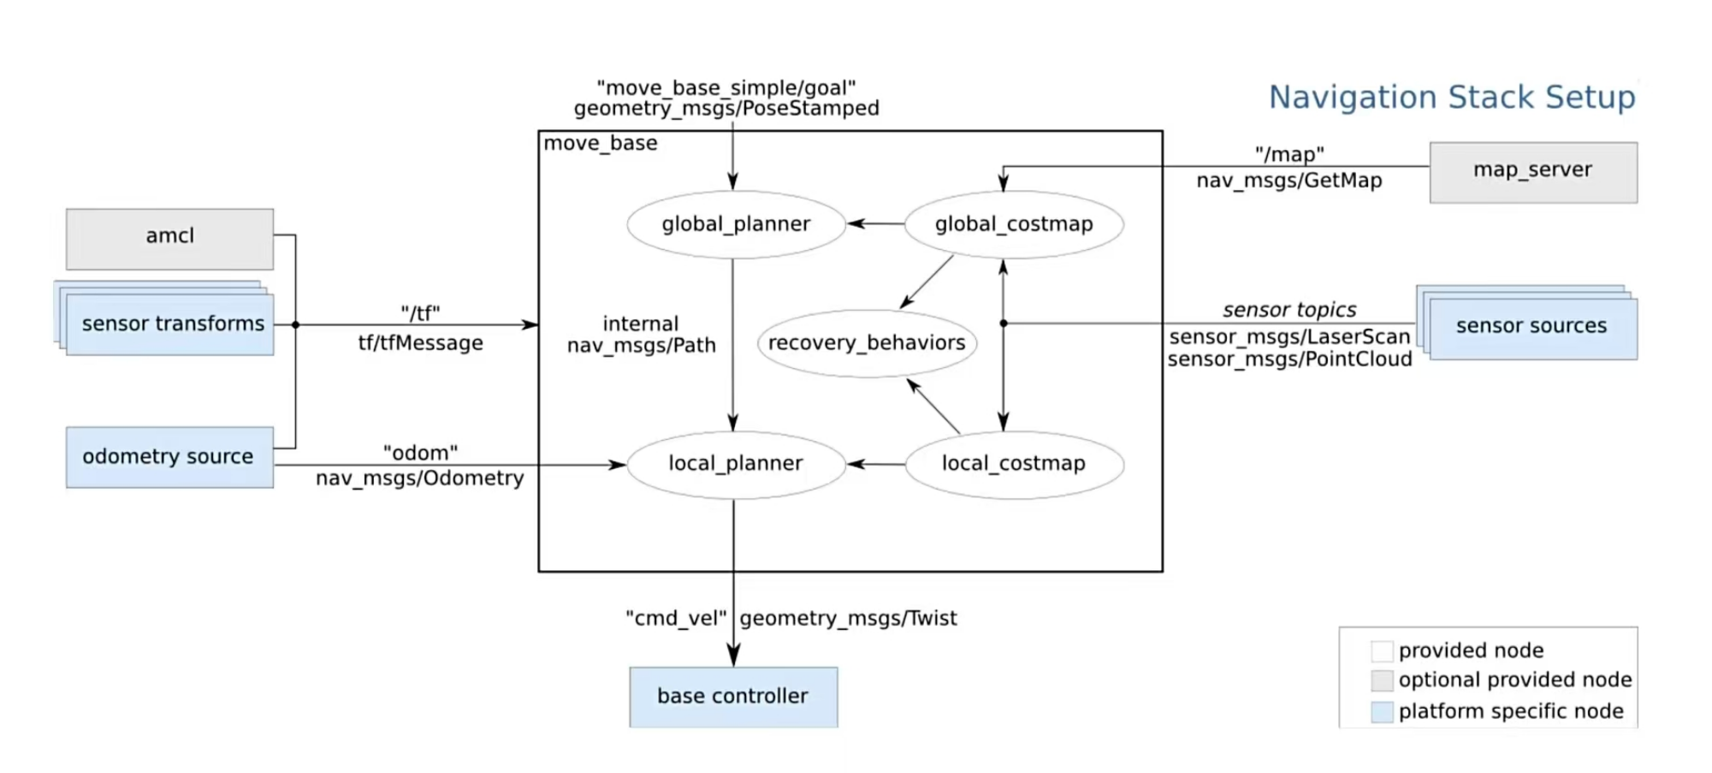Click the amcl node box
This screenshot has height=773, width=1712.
[x=169, y=238]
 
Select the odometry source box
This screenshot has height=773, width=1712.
[x=169, y=457]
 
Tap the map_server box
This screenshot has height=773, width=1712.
[x=1532, y=171]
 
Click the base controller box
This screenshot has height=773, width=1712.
[x=733, y=697]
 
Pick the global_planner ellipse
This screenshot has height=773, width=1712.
[x=736, y=224]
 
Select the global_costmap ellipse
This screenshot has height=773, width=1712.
[x=1014, y=224]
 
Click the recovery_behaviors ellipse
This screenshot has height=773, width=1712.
[x=867, y=343]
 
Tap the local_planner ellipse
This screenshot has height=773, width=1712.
[x=736, y=464]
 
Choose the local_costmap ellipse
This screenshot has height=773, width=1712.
[x=1014, y=464]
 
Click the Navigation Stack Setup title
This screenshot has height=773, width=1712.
[x=1451, y=98]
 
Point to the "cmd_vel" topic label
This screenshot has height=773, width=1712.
[x=676, y=618]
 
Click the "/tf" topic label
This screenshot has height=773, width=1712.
[x=420, y=313]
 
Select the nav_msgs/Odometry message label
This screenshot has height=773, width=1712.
[x=419, y=478]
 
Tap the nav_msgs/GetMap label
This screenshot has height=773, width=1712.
[x=1288, y=181]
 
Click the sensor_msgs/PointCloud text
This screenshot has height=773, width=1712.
[x=1289, y=360]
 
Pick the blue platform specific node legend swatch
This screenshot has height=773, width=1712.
[x=1382, y=712]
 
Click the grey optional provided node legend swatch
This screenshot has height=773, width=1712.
[x=1382, y=681]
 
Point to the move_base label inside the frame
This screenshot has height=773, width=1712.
[x=601, y=144]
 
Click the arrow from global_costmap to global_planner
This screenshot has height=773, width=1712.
[x=875, y=224]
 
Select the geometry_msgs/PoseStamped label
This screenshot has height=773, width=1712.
[x=726, y=109]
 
